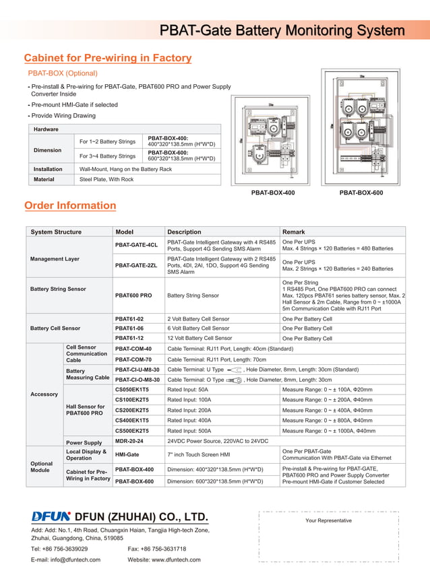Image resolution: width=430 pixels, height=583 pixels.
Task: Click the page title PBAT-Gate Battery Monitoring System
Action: (282, 31)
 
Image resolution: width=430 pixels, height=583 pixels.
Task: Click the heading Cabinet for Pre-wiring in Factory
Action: (108, 59)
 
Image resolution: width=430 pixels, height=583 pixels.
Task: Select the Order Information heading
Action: (70, 205)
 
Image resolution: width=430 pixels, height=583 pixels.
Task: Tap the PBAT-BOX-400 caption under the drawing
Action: (273, 193)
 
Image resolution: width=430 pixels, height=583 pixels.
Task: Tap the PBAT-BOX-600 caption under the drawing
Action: (361, 193)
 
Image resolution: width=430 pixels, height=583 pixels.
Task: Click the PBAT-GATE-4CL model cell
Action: (136, 245)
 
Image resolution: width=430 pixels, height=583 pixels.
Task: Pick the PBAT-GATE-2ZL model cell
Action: (136, 265)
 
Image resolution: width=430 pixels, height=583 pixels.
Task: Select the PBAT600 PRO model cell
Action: (133, 296)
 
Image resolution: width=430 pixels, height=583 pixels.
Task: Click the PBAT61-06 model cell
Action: (129, 328)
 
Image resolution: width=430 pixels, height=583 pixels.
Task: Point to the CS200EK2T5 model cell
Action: (132, 409)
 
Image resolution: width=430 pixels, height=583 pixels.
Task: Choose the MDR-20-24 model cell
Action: (129, 441)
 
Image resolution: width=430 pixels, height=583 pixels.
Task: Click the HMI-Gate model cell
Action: (127, 454)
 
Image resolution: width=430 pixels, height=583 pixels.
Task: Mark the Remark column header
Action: (294, 232)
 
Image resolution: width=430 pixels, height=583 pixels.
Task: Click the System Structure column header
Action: (57, 232)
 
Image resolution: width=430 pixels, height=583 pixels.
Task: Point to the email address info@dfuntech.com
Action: (65, 559)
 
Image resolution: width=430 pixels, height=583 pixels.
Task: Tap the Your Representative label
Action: (328, 520)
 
